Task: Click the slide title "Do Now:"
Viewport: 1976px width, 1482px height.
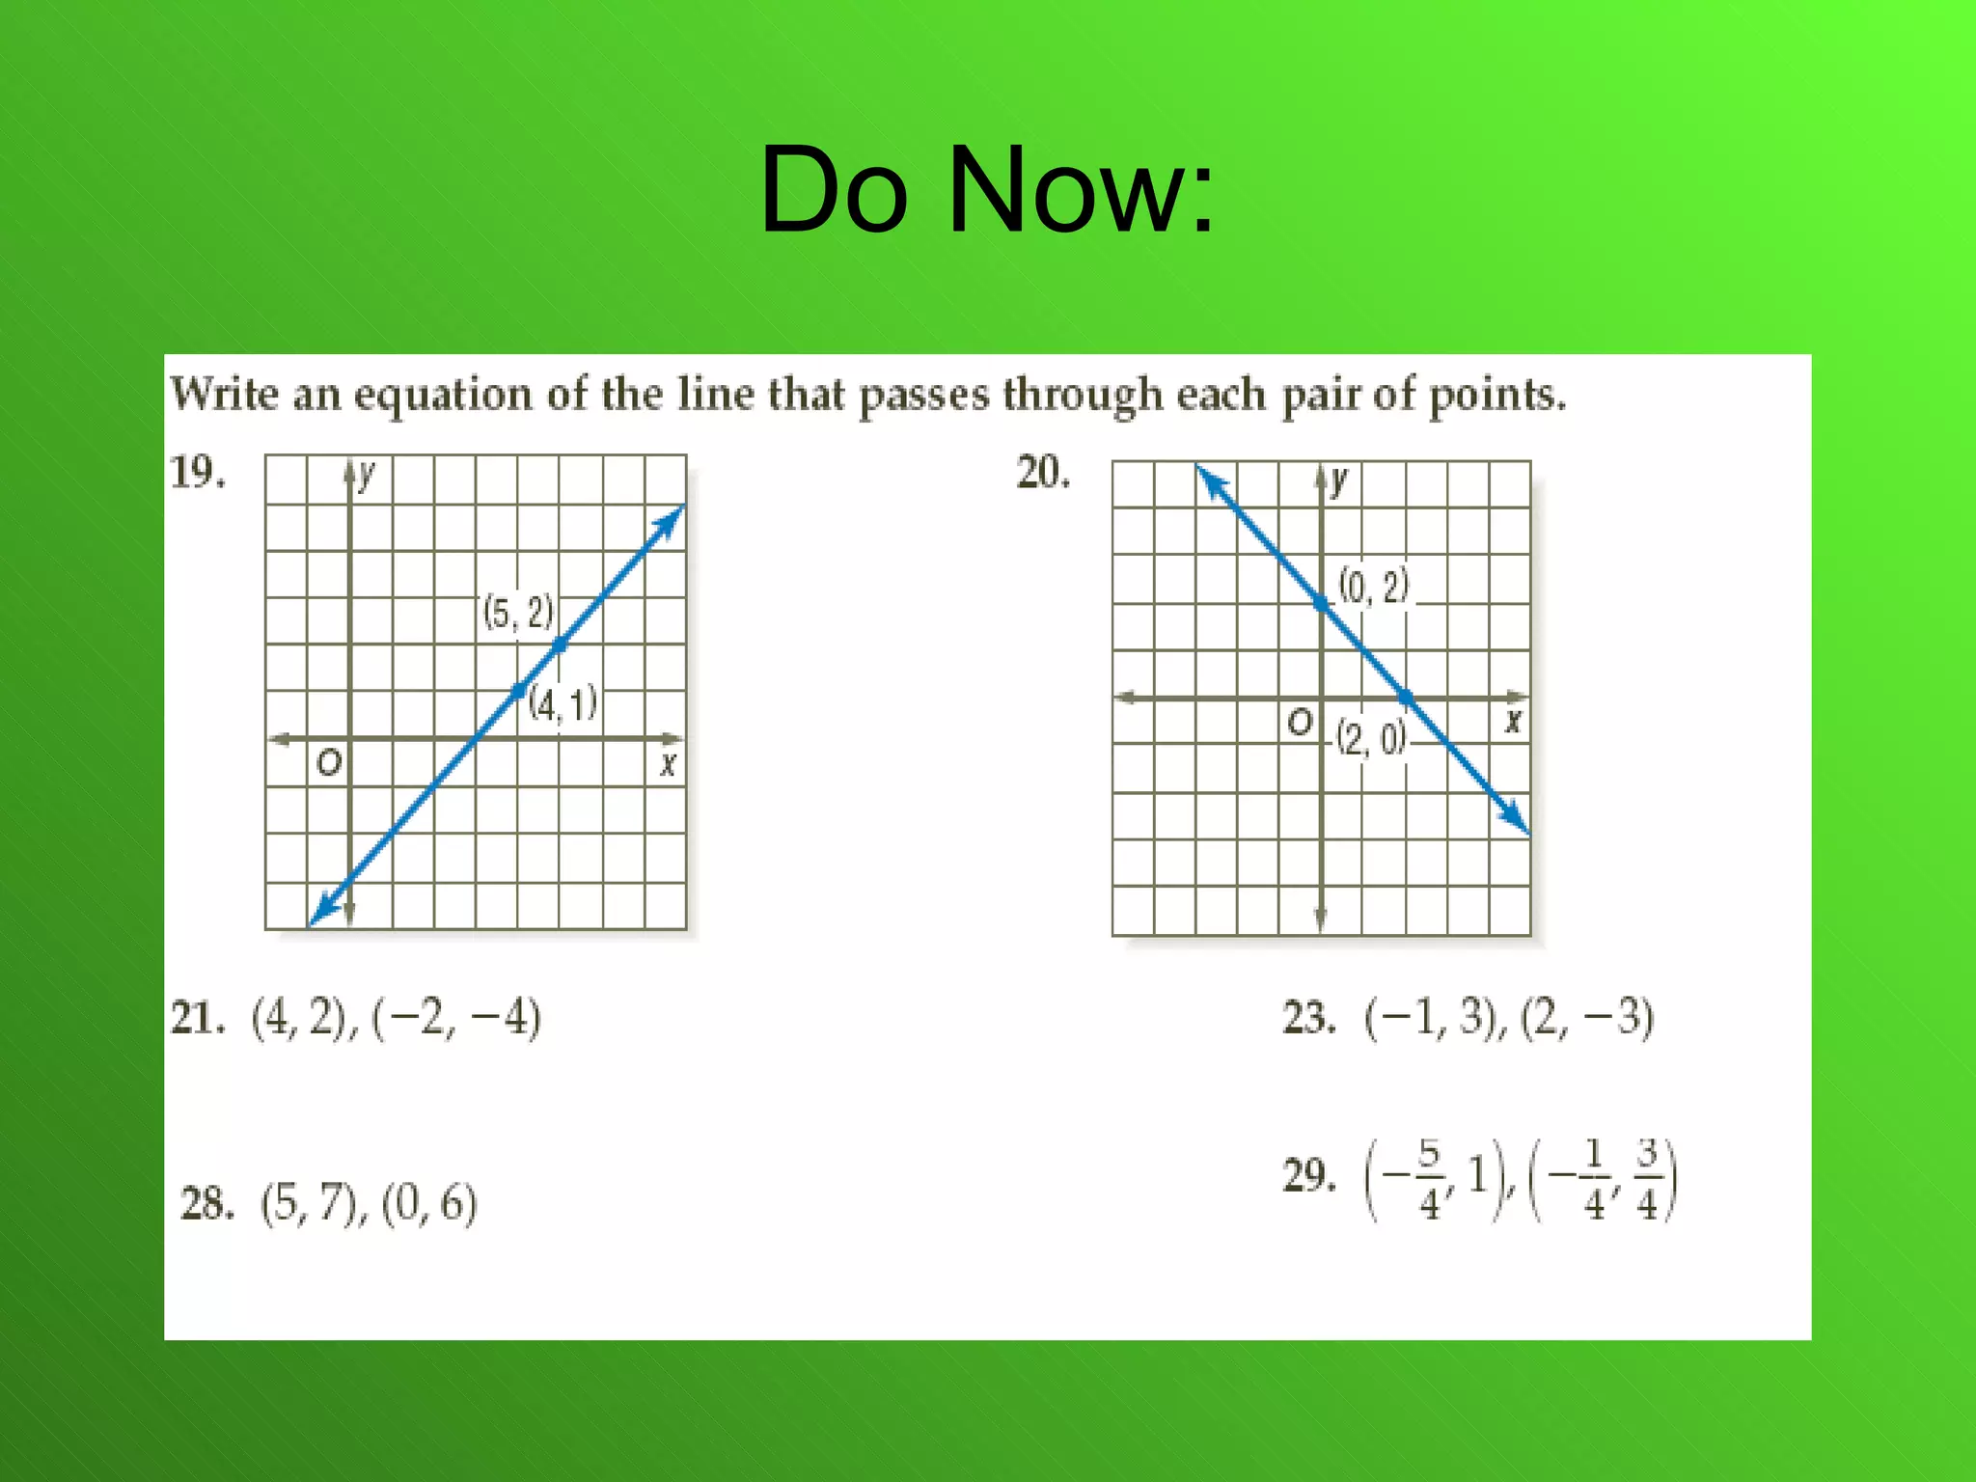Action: pos(986,189)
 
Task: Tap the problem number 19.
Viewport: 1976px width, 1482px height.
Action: pos(198,473)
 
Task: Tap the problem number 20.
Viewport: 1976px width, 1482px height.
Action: pos(1043,473)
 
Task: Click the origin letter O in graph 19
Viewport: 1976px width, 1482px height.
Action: pos(329,764)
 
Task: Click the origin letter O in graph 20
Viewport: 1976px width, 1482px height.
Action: pos(1300,722)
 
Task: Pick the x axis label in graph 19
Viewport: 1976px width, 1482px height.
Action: pos(668,765)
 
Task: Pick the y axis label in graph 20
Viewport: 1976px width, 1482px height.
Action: pos(1339,480)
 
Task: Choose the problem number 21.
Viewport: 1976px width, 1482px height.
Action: pos(198,1019)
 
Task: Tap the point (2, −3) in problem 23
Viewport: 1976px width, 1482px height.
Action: pos(1587,1019)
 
